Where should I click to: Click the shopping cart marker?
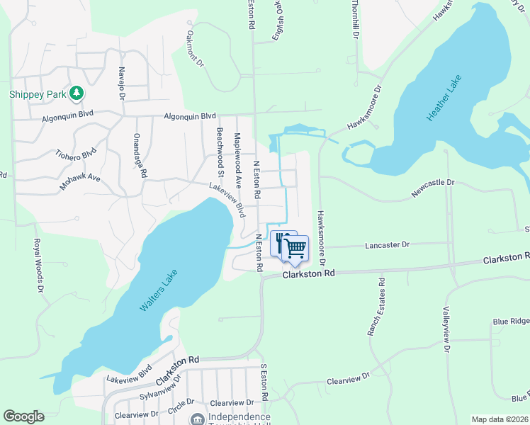click(295, 247)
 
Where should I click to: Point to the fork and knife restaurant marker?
click(279, 241)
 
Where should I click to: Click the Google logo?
click(23, 416)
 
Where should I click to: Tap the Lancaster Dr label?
click(387, 245)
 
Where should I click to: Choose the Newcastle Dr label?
click(433, 188)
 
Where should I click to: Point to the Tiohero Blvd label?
click(75, 154)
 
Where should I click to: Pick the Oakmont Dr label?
click(195, 47)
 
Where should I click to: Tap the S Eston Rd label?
click(263, 383)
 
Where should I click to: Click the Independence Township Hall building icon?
click(198, 419)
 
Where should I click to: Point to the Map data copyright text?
click(500, 419)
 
